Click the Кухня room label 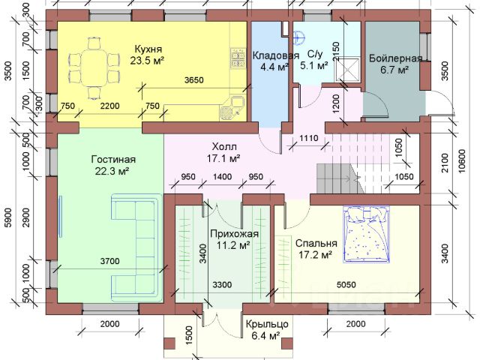(x=148, y=49)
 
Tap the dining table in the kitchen (x=94, y=68)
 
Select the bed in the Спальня (x=366, y=235)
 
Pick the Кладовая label (x=275, y=55)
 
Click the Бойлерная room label (x=395, y=58)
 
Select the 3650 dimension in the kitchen (x=194, y=80)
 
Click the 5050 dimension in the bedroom (x=346, y=285)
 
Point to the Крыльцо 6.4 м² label (x=267, y=330)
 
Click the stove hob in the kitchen (x=238, y=58)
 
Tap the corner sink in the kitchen (x=232, y=107)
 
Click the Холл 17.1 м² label (x=223, y=153)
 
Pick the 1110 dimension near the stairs (x=308, y=138)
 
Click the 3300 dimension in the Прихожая (x=222, y=285)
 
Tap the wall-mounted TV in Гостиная (x=61, y=216)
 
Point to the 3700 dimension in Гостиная (x=110, y=262)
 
